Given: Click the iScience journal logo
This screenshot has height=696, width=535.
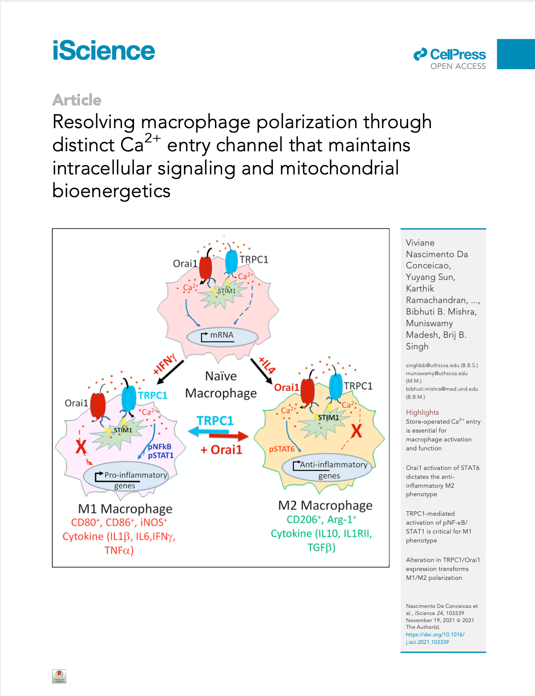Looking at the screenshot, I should [x=104, y=51].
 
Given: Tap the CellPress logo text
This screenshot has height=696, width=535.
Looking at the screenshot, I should [x=458, y=54].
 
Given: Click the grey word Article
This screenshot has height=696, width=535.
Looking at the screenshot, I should [x=77, y=100].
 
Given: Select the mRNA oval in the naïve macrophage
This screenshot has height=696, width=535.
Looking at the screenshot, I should [x=222, y=336].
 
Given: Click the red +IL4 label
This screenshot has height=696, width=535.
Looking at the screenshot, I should [x=267, y=365].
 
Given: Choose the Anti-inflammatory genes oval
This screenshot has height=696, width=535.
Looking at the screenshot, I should [x=328, y=468].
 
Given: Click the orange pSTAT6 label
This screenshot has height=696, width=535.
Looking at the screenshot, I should [x=282, y=449].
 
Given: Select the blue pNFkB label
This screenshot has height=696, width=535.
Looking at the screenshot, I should [x=160, y=446].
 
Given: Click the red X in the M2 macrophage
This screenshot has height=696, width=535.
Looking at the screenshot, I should [x=357, y=431].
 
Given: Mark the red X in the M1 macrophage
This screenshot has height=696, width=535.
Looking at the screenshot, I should [x=81, y=446].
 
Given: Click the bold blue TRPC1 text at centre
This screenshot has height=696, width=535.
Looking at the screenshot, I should [x=215, y=421].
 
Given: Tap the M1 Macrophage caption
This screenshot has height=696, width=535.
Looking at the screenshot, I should [x=125, y=509].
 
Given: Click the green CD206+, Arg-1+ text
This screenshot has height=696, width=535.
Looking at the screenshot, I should [x=321, y=519].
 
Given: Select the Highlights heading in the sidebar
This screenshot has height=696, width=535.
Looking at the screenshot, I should [x=422, y=412].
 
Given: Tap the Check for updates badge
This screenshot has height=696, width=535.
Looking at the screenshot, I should [x=59, y=676].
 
